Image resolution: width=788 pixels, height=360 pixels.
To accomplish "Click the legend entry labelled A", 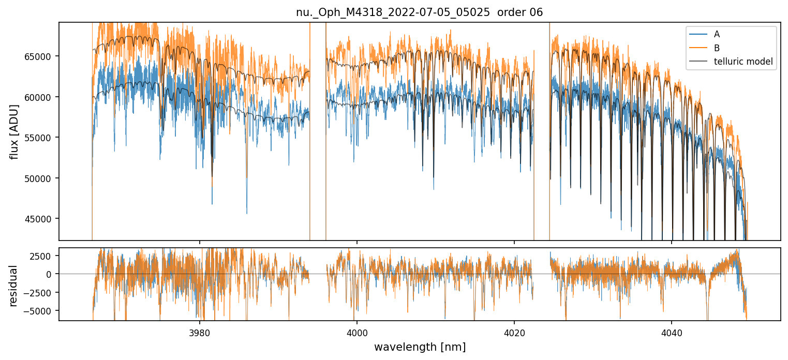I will [x=717, y=34].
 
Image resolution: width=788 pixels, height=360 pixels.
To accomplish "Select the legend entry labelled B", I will [x=717, y=48].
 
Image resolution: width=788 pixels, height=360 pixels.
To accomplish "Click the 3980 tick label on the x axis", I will [x=200, y=332].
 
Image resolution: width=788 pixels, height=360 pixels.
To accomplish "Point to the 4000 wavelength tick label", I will [x=357, y=332].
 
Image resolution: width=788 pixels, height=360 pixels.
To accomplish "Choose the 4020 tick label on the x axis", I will [x=514, y=332].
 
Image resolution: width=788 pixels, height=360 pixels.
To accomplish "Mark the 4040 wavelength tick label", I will [x=672, y=332].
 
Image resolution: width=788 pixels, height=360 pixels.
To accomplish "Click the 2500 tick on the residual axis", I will [x=42, y=256].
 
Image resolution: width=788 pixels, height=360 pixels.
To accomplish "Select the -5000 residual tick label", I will [x=40, y=311].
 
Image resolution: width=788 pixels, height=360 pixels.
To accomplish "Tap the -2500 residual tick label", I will [x=40, y=293].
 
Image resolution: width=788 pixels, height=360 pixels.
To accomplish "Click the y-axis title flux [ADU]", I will [x=14, y=131].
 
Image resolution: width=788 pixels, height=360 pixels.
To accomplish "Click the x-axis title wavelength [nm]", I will [x=420, y=347].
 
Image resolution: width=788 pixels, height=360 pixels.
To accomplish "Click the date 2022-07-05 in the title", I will [x=420, y=12].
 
